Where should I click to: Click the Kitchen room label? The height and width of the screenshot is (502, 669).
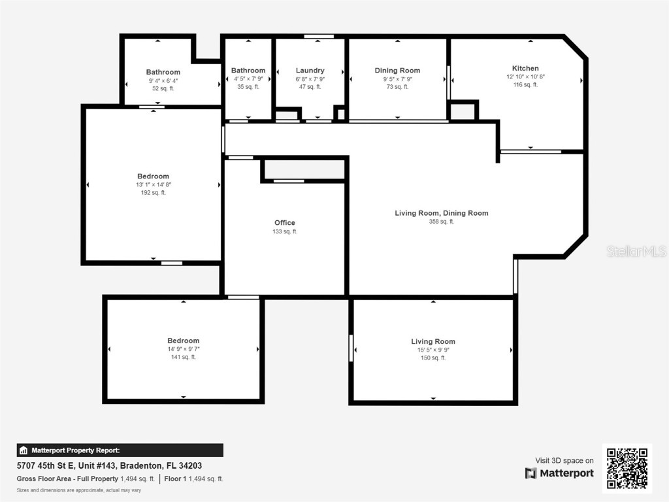[x=525, y=68]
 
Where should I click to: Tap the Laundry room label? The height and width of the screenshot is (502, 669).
[x=310, y=71]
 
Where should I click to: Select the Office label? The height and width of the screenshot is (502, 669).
[x=285, y=223]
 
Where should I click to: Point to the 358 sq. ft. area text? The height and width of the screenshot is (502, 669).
[x=442, y=222]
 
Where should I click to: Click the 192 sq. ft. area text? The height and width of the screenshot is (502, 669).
[x=153, y=193]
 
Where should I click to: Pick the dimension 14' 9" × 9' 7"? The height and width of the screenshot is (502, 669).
[x=183, y=349]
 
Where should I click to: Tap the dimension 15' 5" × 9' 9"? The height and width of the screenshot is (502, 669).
[x=433, y=350]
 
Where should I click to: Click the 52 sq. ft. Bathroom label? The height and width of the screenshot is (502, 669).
[x=163, y=72]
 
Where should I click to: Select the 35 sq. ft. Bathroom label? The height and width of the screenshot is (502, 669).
[x=248, y=71]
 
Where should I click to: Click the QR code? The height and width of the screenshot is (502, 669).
[x=627, y=468]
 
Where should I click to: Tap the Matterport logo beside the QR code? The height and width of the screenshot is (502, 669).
[x=560, y=473]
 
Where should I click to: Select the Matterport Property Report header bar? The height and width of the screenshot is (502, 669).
[x=120, y=450]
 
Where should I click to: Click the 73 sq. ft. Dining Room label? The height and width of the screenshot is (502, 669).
[x=397, y=71]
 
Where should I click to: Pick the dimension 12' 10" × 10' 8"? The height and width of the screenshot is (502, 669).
[x=525, y=76]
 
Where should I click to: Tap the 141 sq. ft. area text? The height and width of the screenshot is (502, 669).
[x=183, y=357]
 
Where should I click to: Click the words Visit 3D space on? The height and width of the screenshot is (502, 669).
[x=564, y=461]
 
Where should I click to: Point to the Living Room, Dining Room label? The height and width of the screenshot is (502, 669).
[x=442, y=213]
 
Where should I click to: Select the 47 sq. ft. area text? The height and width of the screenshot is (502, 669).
[x=310, y=86]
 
